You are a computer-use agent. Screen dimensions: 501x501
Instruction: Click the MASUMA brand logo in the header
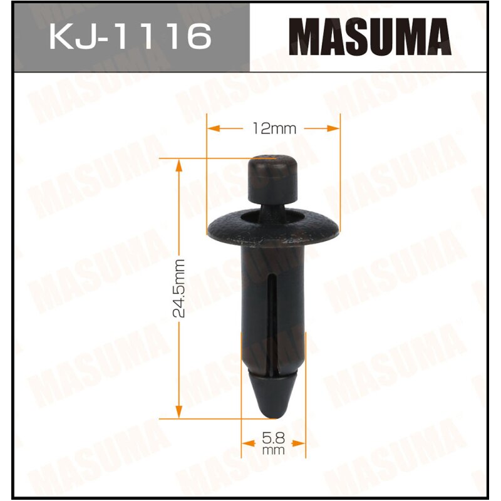point(374,37)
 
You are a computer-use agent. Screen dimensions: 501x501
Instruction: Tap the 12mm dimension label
point(274,128)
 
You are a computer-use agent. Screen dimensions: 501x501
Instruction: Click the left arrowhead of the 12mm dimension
point(214,128)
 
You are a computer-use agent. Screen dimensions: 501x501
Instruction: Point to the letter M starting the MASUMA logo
point(310,37)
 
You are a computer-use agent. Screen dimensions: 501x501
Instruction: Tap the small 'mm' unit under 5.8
point(274,450)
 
